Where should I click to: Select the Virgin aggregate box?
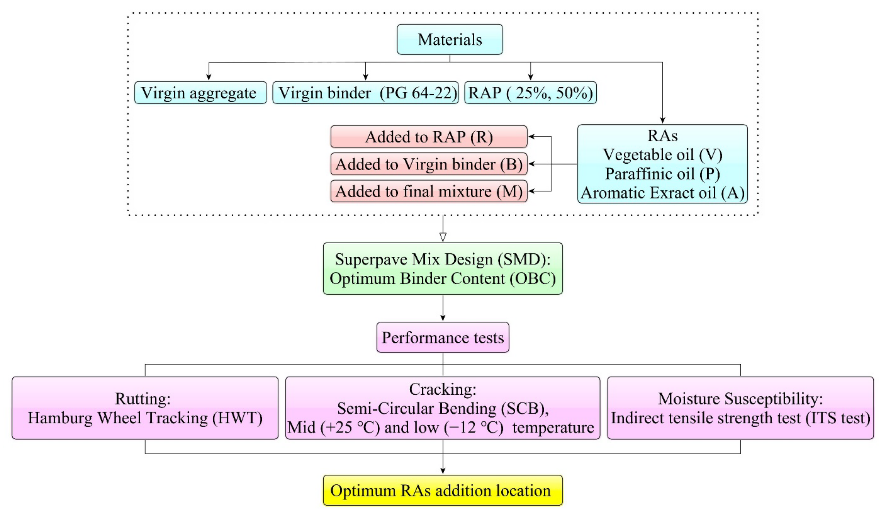pos(200,93)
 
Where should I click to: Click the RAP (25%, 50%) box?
pos(530,93)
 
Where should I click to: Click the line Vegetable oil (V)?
pos(662,155)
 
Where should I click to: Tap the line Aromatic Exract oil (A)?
pos(662,193)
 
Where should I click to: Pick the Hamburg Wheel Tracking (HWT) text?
pos(145,418)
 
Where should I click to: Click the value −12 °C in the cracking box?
pos(474,427)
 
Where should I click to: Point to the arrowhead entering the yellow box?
pos(443,471)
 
